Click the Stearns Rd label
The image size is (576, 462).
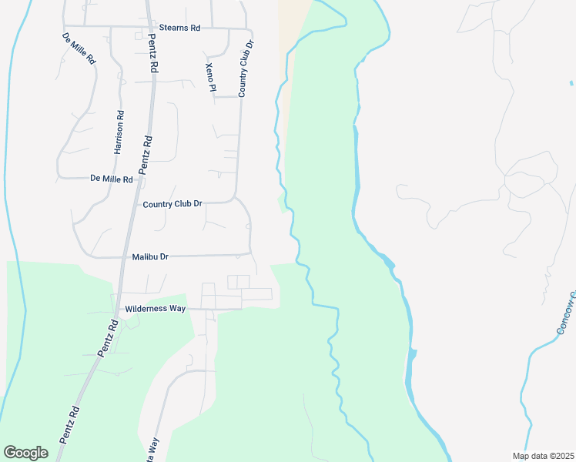click(179, 28)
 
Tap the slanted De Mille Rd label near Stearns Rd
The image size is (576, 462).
click(78, 48)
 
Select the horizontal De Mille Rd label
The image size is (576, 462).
click(112, 179)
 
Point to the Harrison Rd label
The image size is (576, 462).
click(119, 132)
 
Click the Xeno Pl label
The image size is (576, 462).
click(210, 76)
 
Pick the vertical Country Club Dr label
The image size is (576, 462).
click(246, 67)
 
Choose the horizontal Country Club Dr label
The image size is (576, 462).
click(172, 204)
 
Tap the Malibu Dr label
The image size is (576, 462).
click(150, 257)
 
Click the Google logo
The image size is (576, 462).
click(26, 452)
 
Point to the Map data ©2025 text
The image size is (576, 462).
click(544, 456)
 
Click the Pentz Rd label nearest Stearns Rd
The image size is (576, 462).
click(152, 53)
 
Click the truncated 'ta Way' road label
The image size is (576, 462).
click(154, 449)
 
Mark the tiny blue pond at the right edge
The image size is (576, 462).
click(571, 82)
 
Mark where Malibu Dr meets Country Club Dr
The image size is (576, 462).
click(250, 253)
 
